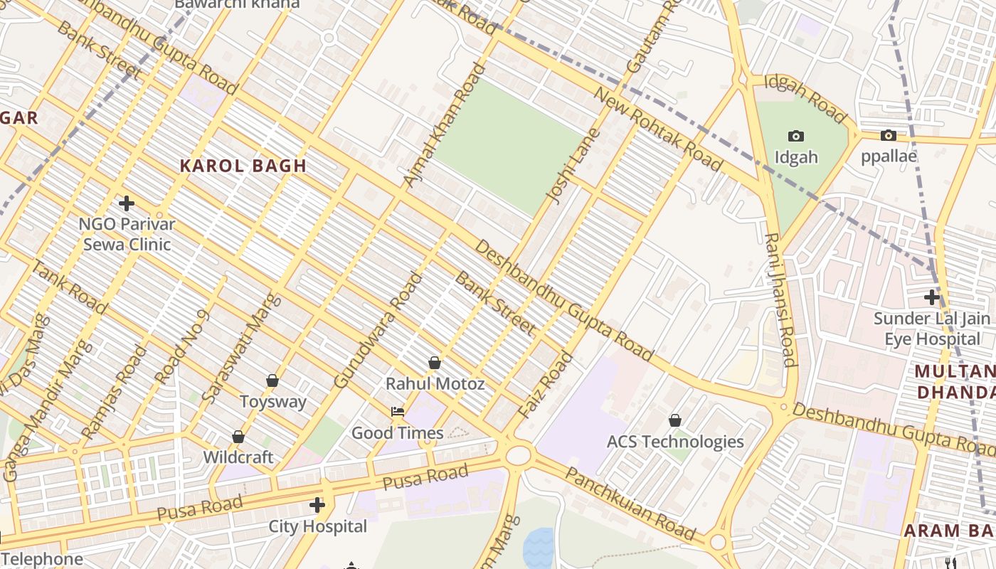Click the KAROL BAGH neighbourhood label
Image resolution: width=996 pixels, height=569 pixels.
coord(243,166)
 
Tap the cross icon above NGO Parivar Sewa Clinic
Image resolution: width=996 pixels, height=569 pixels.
coord(127,203)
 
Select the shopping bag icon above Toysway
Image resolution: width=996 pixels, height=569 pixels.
coord(272,381)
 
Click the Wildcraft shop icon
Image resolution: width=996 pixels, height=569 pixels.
coord(238,437)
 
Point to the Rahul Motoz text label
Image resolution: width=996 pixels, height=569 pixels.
coord(435,384)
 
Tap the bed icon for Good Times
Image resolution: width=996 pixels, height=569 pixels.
coord(398,412)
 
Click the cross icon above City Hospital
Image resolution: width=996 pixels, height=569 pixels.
coord(317,506)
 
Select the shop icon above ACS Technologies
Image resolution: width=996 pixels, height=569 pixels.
coord(675,421)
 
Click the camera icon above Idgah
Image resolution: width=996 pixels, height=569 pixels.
coord(796,136)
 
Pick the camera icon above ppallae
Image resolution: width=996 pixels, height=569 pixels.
coord(889,135)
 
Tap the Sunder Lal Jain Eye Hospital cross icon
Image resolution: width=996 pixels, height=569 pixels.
coord(932,297)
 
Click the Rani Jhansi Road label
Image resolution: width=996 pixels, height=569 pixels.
coord(780,299)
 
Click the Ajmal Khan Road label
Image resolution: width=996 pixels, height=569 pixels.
coord(444,126)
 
